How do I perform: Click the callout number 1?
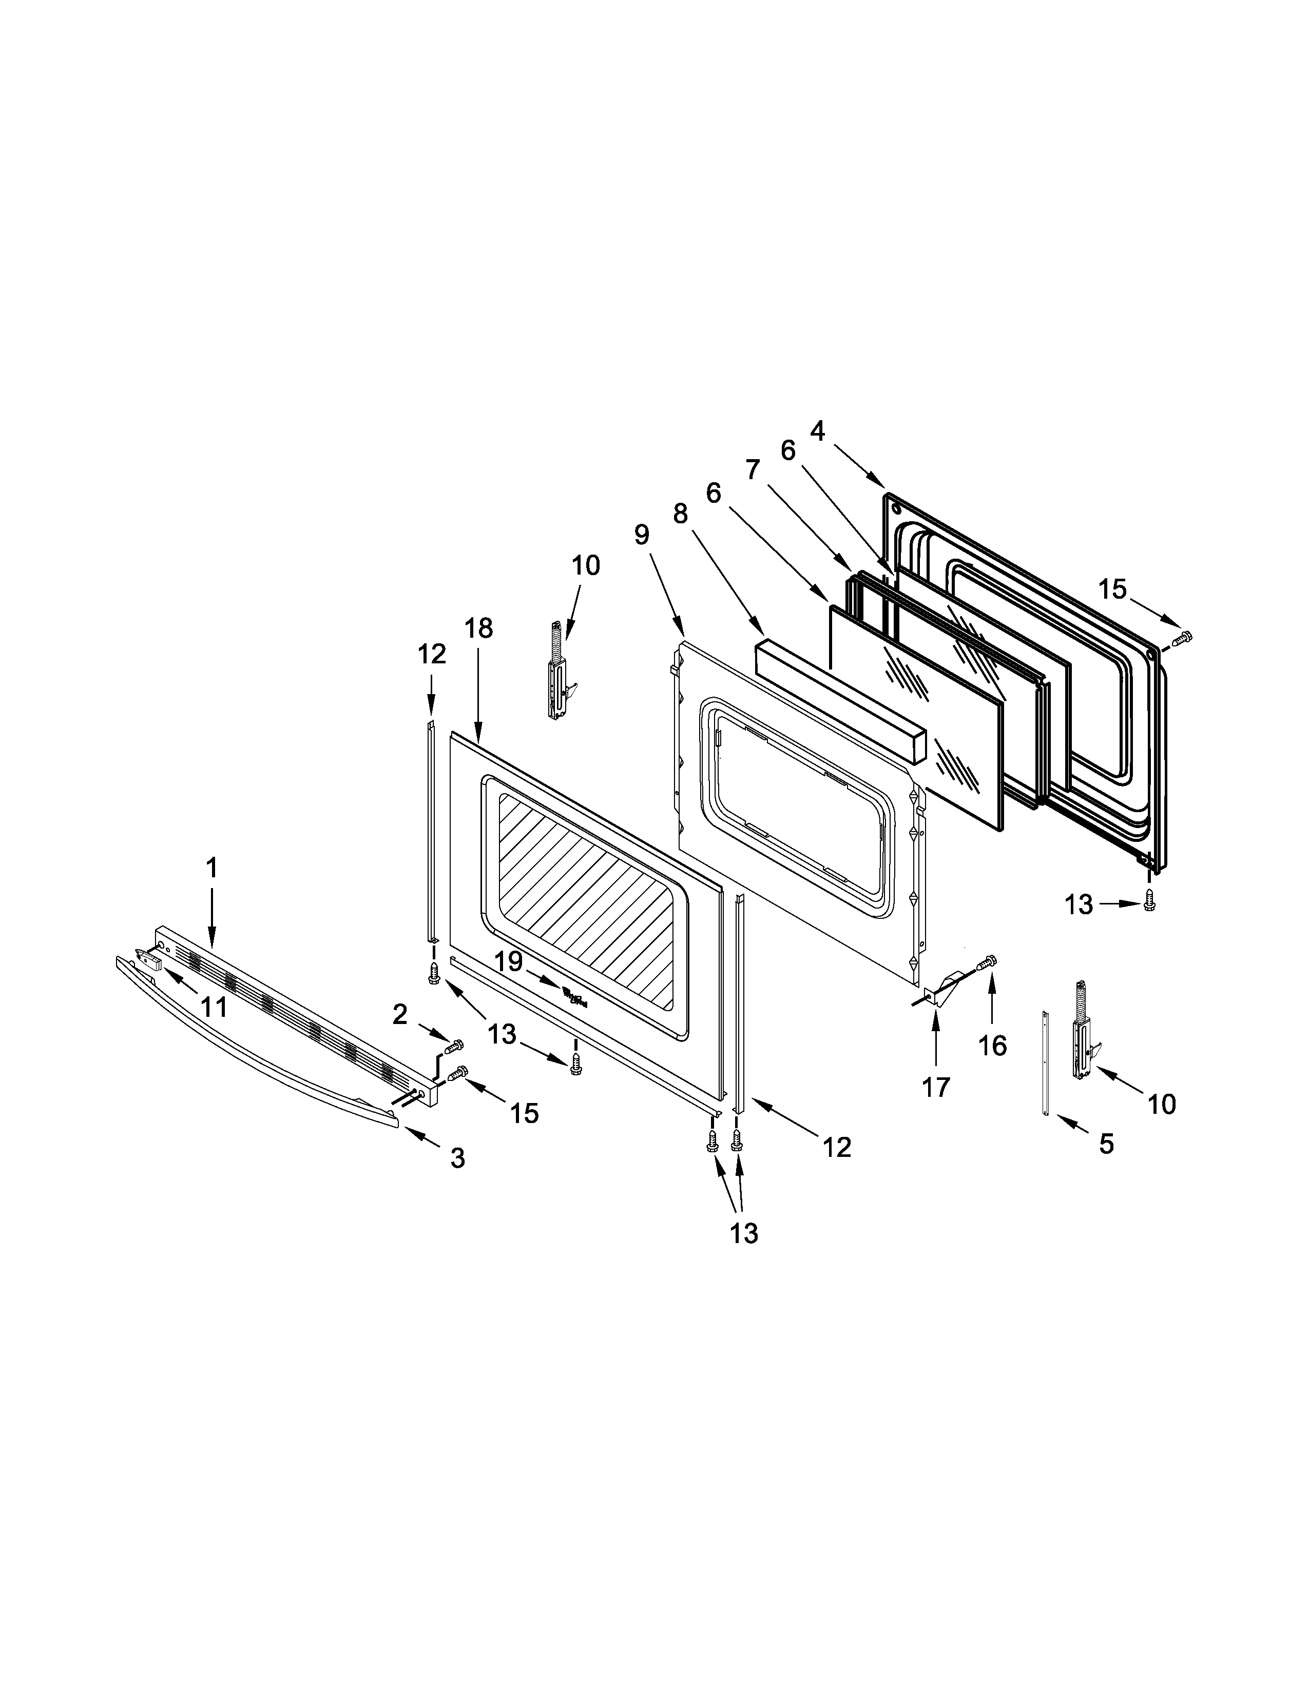point(211,868)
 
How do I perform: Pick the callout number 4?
point(817,430)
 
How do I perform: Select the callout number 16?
point(992,1046)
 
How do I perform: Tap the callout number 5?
point(1106,1143)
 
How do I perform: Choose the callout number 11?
point(214,1007)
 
